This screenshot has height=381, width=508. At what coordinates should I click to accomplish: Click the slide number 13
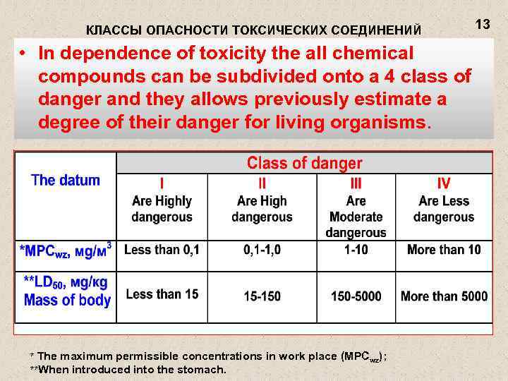[483, 25]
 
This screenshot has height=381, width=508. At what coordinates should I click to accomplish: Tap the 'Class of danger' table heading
[304, 164]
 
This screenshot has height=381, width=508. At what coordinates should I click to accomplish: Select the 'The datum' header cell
[66, 180]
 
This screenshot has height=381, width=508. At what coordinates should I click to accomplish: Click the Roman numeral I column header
[162, 183]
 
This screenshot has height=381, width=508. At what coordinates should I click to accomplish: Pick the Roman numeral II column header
[261, 183]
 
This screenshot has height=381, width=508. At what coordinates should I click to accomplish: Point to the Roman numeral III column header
[356, 183]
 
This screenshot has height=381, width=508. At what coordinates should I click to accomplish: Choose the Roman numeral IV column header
[444, 183]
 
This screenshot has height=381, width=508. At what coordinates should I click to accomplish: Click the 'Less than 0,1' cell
[162, 250]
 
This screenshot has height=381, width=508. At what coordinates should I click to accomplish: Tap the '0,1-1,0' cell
[262, 250]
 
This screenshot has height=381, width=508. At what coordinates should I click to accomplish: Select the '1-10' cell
[356, 250]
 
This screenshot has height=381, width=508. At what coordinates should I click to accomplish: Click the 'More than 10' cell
[444, 250]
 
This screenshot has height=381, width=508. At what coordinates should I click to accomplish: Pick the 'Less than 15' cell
[162, 295]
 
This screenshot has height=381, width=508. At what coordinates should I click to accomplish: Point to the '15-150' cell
[262, 296]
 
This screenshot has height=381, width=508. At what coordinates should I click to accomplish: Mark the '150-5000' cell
[356, 296]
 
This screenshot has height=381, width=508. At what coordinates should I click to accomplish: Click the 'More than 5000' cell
[444, 296]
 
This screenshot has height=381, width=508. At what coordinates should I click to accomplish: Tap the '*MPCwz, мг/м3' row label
[68, 250]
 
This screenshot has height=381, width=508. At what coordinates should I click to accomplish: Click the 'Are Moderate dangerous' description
[356, 217]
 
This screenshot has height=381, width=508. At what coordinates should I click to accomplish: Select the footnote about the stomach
[128, 369]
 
